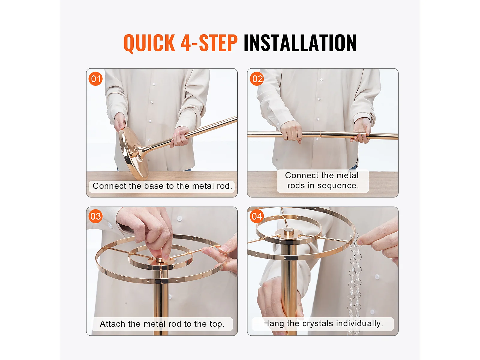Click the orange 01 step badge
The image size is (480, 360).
(96, 79)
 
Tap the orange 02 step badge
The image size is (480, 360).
(257, 79)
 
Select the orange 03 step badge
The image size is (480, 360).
(96, 216)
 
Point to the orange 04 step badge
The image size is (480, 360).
(257, 216)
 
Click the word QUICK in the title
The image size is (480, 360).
(149, 43)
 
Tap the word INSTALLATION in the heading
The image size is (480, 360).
(300, 43)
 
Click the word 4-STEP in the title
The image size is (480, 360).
(209, 43)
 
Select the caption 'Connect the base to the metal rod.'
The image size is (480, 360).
(162, 186)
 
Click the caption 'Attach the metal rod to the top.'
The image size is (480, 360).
(162, 324)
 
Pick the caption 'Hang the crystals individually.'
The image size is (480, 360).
(323, 323)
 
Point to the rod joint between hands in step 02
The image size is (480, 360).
(321, 134)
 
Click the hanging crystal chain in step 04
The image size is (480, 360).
(355, 284)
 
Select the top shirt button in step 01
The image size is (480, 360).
(154, 84)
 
